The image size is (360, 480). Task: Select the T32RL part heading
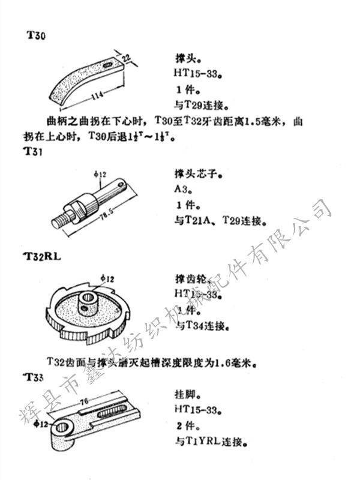point(44,256)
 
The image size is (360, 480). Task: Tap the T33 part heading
point(34,377)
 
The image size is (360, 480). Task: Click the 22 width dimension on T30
point(127,57)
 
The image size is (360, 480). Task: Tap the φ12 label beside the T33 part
point(41,425)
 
